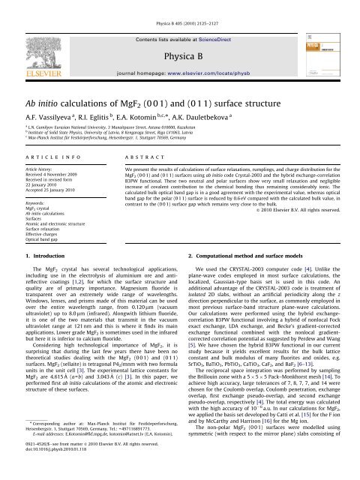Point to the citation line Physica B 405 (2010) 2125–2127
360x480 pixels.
[x=180, y=7]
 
